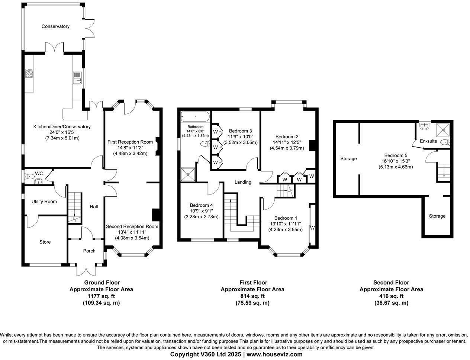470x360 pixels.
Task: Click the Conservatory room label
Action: [x=55, y=26]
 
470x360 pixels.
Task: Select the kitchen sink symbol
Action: [x=78, y=78]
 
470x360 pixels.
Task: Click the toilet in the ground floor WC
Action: [x=29, y=176]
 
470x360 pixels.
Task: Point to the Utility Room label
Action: [x=44, y=202]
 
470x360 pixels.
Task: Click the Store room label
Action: [x=45, y=242]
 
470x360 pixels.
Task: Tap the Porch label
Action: [x=89, y=251]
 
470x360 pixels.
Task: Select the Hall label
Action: [x=94, y=206]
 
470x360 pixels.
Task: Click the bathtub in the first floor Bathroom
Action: [x=195, y=117]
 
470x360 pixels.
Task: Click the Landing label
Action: [x=243, y=182]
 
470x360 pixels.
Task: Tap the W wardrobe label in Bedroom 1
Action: [x=312, y=228]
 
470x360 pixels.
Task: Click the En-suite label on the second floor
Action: [x=428, y=141]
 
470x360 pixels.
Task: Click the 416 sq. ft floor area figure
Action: [x=391, y=296]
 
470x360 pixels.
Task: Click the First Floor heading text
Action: [x=252, y=283]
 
